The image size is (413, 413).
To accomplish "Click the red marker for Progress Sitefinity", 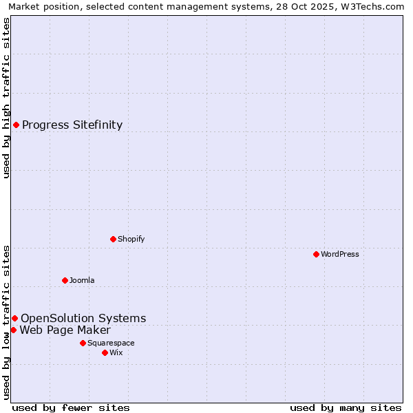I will [x=16, y=125].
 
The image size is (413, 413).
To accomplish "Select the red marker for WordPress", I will [x=316, y=254].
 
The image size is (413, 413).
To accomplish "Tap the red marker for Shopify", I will [x=113, y=239].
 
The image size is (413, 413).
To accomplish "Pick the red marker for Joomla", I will [x=65, y=280].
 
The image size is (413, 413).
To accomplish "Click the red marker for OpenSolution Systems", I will [x=14, y=318].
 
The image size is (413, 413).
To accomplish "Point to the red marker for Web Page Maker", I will [x=13, y=330].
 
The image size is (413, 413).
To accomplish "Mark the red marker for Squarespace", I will [x=83, y=343].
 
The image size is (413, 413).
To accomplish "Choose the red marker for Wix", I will [x=105, y=352].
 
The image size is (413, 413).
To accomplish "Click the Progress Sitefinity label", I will [x=72, y=125].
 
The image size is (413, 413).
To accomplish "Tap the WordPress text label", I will [x=340, y=254].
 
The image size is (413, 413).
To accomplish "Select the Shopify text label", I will [x=131, y=239].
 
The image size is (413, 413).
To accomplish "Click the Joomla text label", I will [x=82, y=280].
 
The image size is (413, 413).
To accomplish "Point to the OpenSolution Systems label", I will [x=83, y=318].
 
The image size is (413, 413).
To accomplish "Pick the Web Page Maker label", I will [x=65, y=330].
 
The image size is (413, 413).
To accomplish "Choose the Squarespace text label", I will [x=111, y=343].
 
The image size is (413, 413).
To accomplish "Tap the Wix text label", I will [x=116, y=352].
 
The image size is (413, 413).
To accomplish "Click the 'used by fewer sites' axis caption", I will [x=71, y=407].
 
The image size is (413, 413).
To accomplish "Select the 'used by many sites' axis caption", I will [x=346, y=407].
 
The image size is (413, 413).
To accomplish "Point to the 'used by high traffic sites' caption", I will [x=6, y=98].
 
